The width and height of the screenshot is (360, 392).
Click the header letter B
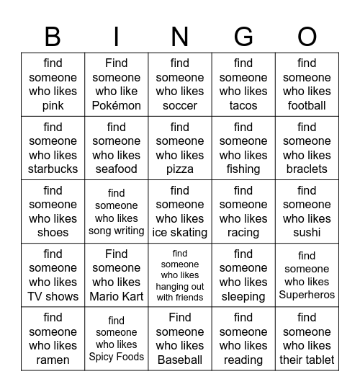pos(53,36)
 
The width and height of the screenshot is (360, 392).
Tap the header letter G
pos(243,36)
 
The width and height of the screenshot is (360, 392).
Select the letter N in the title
pos(180,36)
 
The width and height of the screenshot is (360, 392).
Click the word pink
pos(53,106)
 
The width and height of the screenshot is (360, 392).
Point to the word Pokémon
pos(117,106)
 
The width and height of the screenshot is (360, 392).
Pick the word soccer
pos(180,106)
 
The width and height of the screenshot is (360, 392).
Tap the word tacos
pos(243,106)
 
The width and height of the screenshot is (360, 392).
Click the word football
pos(307,106)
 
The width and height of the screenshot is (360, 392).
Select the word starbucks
pos(53,169)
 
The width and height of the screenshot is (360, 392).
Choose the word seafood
pos(117,169)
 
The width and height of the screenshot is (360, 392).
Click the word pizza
pos(180,169)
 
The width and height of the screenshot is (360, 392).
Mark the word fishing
pos(243,169)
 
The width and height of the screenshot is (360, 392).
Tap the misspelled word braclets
pos(307,169)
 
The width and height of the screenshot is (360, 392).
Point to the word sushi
pos(307,233)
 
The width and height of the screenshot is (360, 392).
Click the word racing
pos(243,233)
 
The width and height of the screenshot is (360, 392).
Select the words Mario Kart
pos(117,296)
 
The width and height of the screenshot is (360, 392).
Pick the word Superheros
pos(307,295)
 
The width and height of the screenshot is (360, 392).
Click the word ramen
pos(53,360)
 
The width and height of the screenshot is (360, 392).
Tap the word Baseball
pos(180,360)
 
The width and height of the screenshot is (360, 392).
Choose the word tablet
pos(322,360)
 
